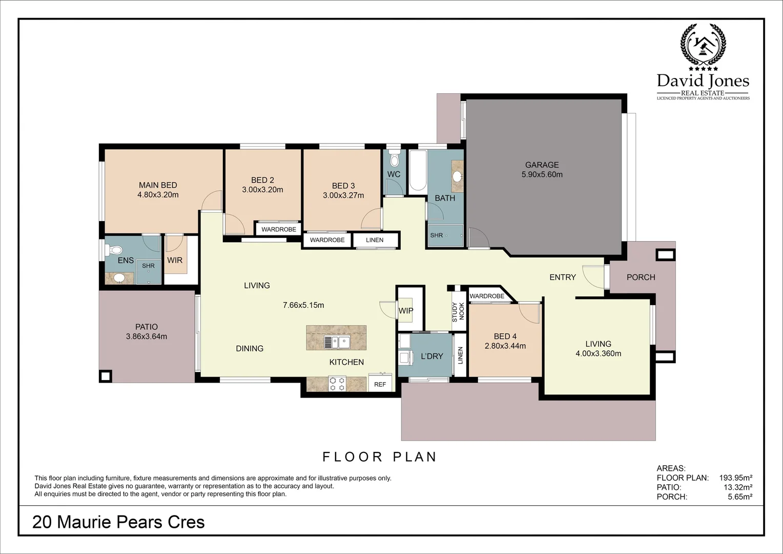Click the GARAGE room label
542,165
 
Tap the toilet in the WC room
394,159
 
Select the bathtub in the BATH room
418,172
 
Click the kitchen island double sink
336,341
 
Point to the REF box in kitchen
380,384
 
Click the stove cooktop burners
337,384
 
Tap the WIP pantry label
406,310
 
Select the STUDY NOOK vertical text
458,312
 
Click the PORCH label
641,277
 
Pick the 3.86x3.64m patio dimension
147,337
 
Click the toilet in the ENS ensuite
115,250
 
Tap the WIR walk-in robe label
175,260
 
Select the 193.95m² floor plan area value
735,478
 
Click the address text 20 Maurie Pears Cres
118,522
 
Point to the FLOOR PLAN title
379,457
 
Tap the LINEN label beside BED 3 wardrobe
375,240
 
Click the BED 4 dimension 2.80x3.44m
505,346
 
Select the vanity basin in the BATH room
457,176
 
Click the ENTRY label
562,277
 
